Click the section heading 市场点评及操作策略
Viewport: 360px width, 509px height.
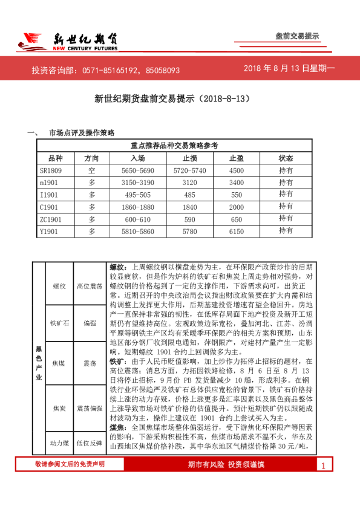[81, 132]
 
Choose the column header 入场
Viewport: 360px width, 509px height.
[138, 158]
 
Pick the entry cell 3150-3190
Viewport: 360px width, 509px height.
[138, 182]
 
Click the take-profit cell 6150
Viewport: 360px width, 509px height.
[237, 231]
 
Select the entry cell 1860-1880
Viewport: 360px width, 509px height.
[138, 207]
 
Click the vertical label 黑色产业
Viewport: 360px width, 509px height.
[39, 363]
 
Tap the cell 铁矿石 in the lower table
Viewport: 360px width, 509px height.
[59, 323]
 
